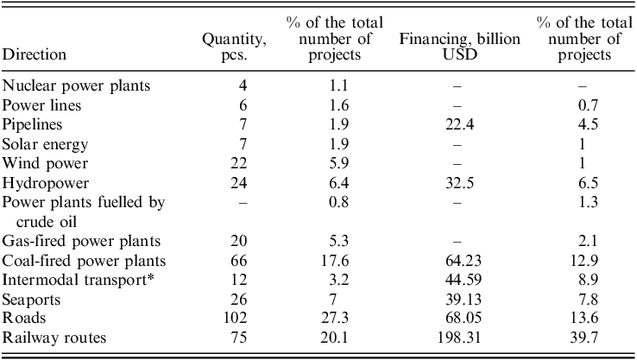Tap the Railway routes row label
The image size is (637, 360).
click(x=54, y=338)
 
